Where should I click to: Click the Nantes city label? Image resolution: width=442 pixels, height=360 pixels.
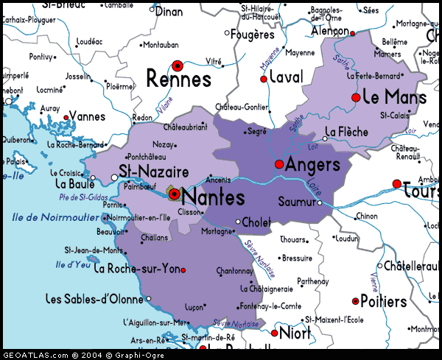tap(213, 197)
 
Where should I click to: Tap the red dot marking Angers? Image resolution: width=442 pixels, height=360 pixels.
tap(279, 164)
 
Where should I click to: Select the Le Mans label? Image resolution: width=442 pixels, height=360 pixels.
tap(394, 97)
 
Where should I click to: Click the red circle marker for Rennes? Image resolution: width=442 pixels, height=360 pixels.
tap(177, 66)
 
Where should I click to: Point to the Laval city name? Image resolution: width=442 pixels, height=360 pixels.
tap(286, 77)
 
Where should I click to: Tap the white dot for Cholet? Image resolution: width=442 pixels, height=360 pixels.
tap(238, 222)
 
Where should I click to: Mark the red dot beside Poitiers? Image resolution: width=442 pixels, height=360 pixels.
tap(355, 301)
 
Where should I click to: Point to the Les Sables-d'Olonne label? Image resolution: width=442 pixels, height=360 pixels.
tap(94, 298)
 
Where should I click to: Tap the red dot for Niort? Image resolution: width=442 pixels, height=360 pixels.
tap(274, 333)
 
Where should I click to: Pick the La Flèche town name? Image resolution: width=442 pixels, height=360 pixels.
tap(345, 132)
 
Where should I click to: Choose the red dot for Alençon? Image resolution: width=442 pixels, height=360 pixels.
tap(352, 33)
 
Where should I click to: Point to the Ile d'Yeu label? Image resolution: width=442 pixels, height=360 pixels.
tap(73, 264)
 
